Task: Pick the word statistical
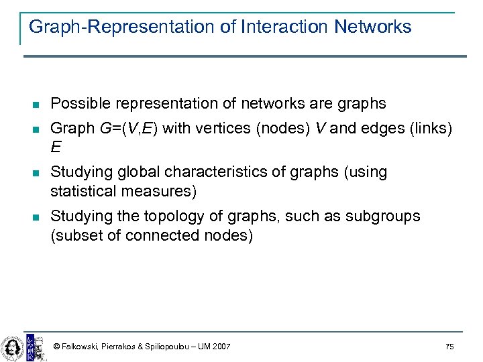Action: (85, 192)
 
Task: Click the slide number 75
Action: (449, 347)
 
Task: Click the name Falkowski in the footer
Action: (79, 347)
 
